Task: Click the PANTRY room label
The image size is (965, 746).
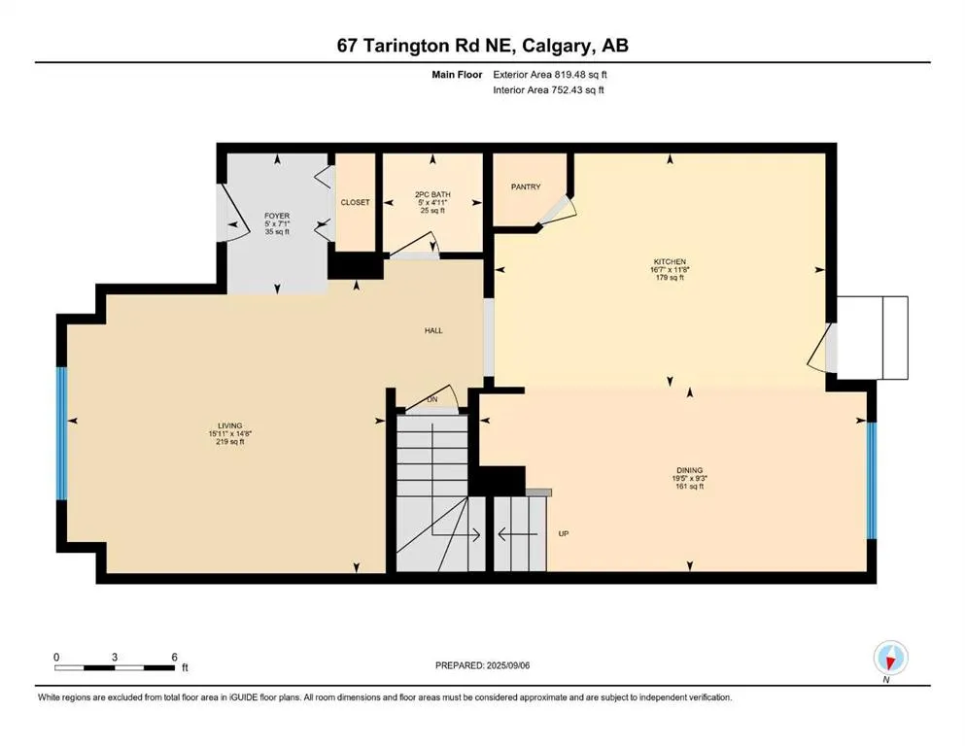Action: (x=525, y=187)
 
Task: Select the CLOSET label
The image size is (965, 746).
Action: (x=355, y=202)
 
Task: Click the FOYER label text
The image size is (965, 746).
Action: (x=277, y=216)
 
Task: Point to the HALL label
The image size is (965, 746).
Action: (x=433, y=330)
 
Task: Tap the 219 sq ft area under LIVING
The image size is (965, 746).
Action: (x=230, y=442)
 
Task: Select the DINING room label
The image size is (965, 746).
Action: (x=690, y=469)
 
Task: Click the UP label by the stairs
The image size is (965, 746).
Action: (x=563, y=533)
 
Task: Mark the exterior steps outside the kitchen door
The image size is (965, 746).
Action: (x=873, y=337)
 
